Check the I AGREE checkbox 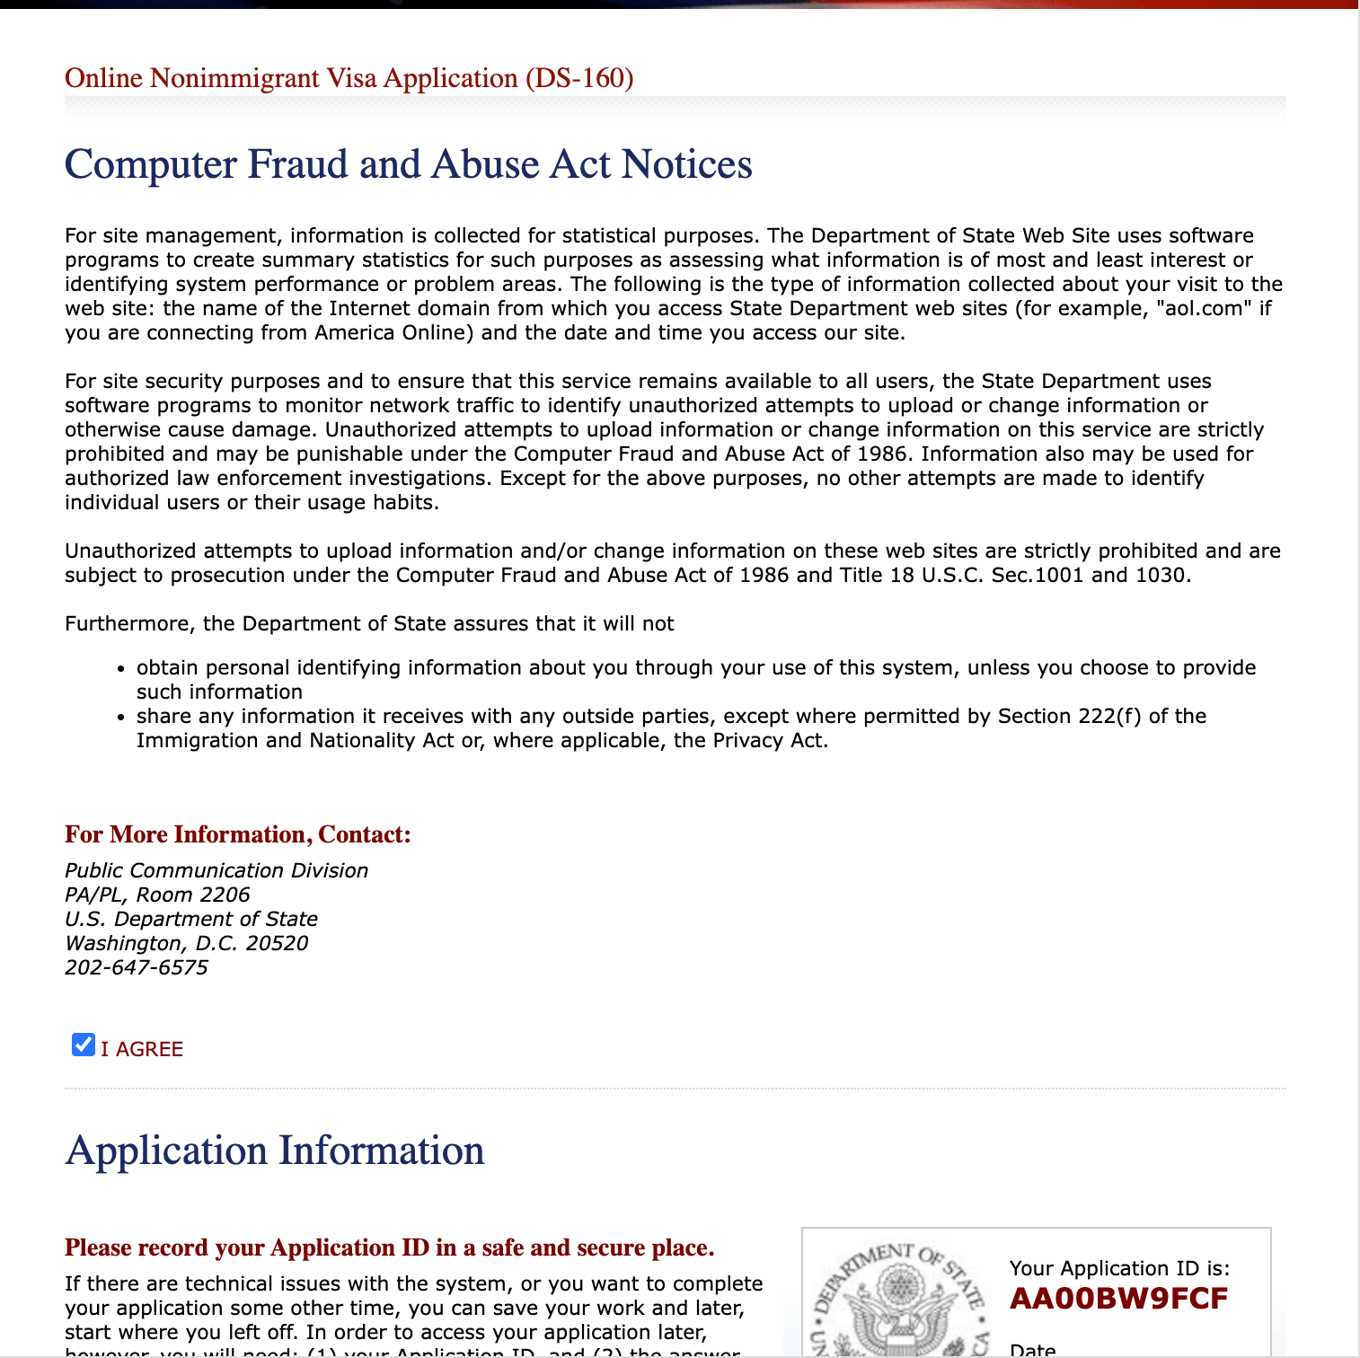pos(84,1045)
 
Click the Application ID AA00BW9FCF pos(1118,1299)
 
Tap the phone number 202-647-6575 pos(137,967)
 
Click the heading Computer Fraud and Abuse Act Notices pos(409,164)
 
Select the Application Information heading pos(275,1151)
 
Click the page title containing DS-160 pos(349,78)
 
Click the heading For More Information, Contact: pos(238,834)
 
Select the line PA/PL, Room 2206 pos(157,895)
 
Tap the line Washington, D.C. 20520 pos(187,943)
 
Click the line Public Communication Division pos(216,870)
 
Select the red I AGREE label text pos(142,1049)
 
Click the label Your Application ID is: pos(1119,1268)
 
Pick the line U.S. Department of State pos(191,919)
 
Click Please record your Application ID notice pos(390,1248)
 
